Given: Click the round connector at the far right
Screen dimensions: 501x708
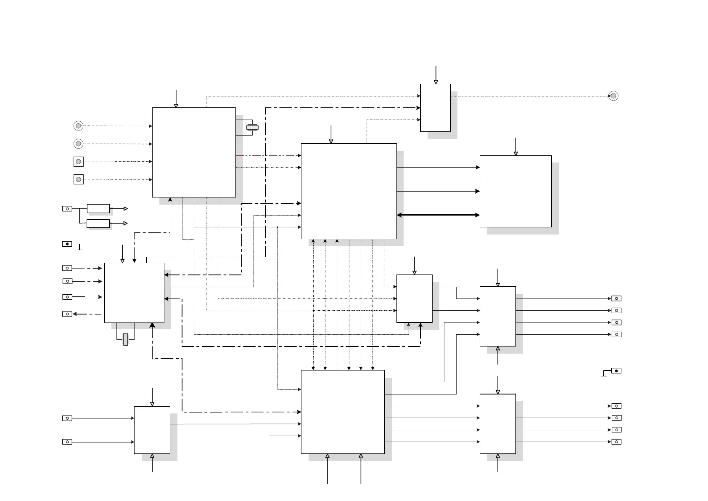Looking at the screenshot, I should pos(613,96).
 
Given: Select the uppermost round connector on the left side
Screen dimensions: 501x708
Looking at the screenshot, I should pos(78,126).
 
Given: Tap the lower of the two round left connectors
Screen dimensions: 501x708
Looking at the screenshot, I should pos(78,144).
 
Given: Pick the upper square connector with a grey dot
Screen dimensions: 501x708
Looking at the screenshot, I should pos(79,162).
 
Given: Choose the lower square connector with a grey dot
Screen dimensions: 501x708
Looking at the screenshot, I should pos(79,179).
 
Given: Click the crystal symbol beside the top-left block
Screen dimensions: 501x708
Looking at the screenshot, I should pos(252,127).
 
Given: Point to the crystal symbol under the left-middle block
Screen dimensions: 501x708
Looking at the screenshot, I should pos(125,339).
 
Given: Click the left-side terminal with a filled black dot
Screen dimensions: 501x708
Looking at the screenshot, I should pos(67,244).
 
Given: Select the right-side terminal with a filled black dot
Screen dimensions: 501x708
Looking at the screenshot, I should pos(616,371).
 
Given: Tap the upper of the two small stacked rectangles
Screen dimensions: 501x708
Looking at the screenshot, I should pos(98,208).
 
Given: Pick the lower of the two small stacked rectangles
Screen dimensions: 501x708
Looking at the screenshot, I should pos(98,223).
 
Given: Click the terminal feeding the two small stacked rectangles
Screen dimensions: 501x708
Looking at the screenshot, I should pos(67,208).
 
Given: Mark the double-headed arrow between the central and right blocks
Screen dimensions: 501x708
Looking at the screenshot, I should pos(438,215).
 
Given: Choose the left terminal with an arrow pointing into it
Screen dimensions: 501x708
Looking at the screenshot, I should pos(67,314).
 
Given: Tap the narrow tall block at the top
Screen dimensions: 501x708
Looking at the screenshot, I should pos(435,108).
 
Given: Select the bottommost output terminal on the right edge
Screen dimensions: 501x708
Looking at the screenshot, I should pos(616,442).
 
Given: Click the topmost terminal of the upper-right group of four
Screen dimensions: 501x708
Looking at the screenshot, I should pos(616,298).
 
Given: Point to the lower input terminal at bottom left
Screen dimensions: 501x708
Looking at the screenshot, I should pos(67,442).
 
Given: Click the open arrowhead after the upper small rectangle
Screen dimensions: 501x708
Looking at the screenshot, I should pos(125,208).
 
